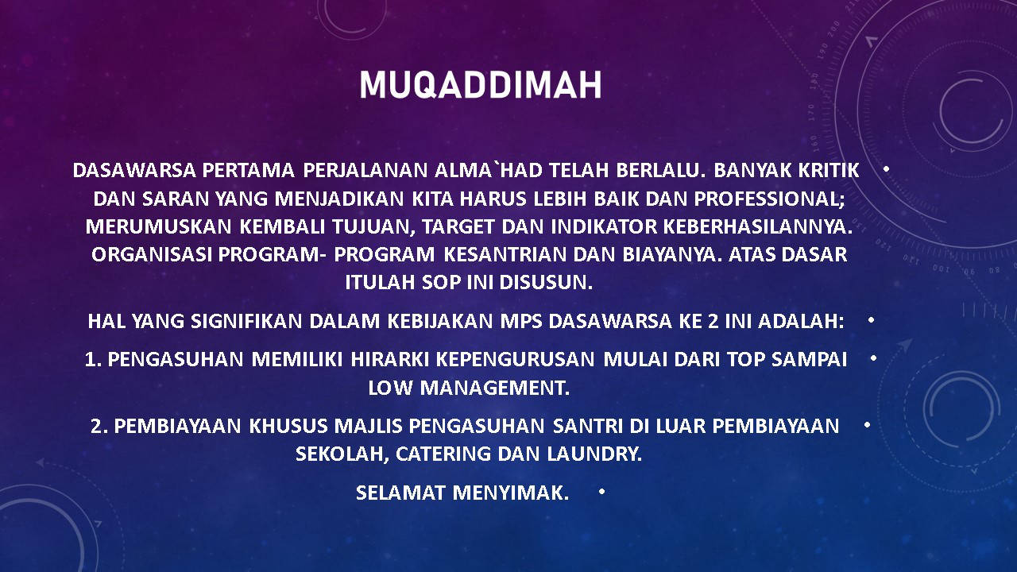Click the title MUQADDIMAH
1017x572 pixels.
(x=481, y=84)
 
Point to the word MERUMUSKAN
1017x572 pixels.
(x=158, y=226)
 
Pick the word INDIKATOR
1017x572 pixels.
(x=604, y=226)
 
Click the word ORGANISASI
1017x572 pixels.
(x=152, y=254)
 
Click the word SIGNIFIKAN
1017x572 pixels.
(x=246, y=322)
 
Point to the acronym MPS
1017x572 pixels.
(x=521, y=322)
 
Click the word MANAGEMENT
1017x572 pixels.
(x=494, y=388)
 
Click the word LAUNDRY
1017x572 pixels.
(x=594, y=454)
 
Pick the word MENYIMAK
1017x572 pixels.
(x=510, y=493)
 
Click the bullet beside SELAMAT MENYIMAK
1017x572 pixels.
(x=601, y=492)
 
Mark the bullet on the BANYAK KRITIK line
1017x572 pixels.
(x=886, y=169)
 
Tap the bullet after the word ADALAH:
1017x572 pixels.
(x=871, y=320)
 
